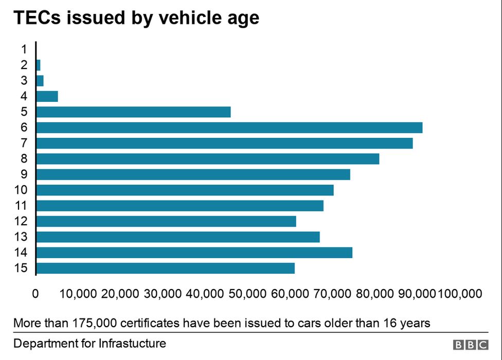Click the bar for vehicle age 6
tap(229, 128)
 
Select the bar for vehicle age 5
tap(133, 112)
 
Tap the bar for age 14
tap(194, 253)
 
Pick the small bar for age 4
tap(47, 96)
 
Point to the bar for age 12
tap(166, 221)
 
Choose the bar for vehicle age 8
tap(207, 159)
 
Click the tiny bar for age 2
tap(38, 65)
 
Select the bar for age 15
tap(165, 268)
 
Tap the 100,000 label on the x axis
tap(459, 294)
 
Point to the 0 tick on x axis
tap(35, 294)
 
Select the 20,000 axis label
tap(120, 294)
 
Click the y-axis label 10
tap(21, 190)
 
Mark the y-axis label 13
tap(21, 237)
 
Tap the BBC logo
tap(470, 345)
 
